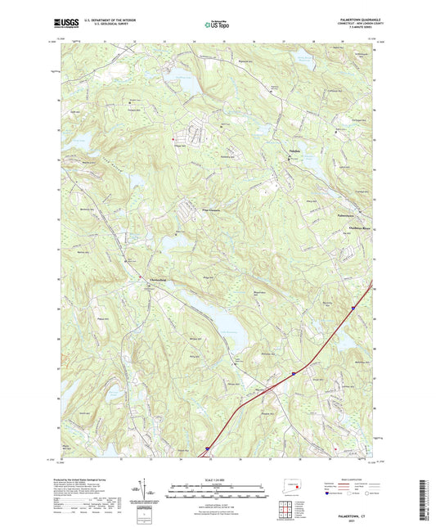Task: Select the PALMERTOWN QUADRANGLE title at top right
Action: pyautogui.click(x=353, y=19)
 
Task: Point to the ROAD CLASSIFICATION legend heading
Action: pyautogui.click(x=346, y=480)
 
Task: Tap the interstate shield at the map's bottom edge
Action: pyautogui.click(x=208, y=448)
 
